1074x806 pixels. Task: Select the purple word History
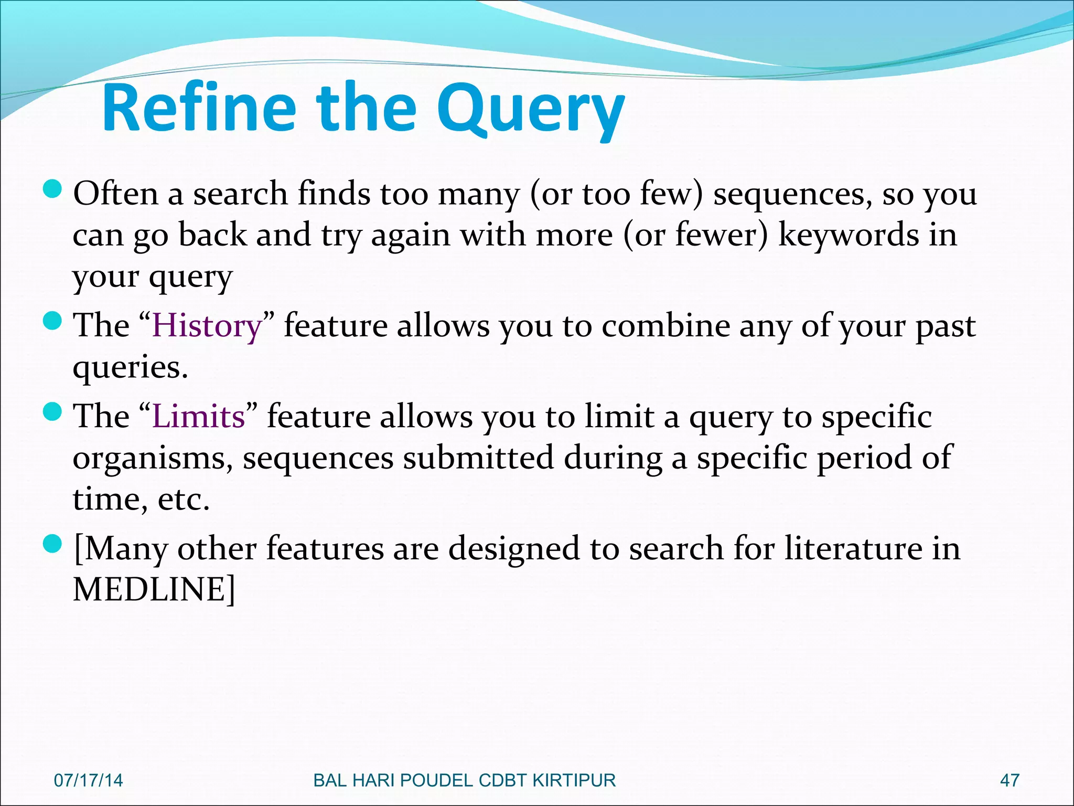[x=207, y=326]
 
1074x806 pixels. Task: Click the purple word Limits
[x=199, y=417]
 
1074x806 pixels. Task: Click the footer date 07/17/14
[x=88, y=780]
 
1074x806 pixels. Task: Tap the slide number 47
[x=1009, y=780]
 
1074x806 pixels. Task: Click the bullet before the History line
[x=52, y=321]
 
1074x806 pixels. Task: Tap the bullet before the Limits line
[x=52, y=412]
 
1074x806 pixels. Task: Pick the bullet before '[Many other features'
[x=52, y=544]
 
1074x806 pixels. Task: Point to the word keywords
[x=849, y=235]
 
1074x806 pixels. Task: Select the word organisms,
[x=153, y=458]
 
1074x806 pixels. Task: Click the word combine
[x=665, y=326]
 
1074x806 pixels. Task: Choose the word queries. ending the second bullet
[x=130, y=367]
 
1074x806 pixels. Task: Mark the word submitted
[x=478, y=458]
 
